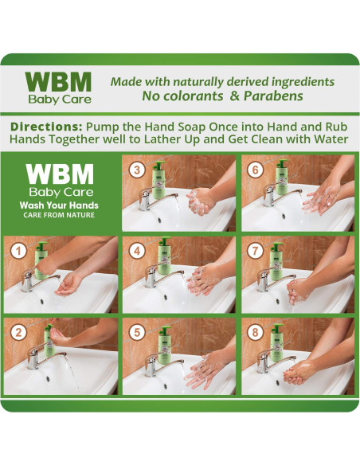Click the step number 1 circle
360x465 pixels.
(18, 251)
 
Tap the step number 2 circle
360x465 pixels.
(18, 332)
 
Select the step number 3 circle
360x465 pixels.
(137, 170)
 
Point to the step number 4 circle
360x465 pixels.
(137, 251)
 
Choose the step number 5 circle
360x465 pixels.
(137, 332)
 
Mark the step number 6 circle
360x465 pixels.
(255, 170)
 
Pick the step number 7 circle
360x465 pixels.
(255, 251)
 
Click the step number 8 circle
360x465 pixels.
(255, 332)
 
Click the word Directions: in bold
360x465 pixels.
(46, 127)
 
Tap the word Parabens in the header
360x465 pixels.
(273, 96)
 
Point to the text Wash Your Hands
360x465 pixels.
(59, 205)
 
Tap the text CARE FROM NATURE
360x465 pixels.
(59, 215)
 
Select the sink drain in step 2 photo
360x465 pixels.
(48, 378)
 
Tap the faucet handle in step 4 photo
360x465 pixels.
(153, 271)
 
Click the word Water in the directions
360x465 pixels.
(331, 139)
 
